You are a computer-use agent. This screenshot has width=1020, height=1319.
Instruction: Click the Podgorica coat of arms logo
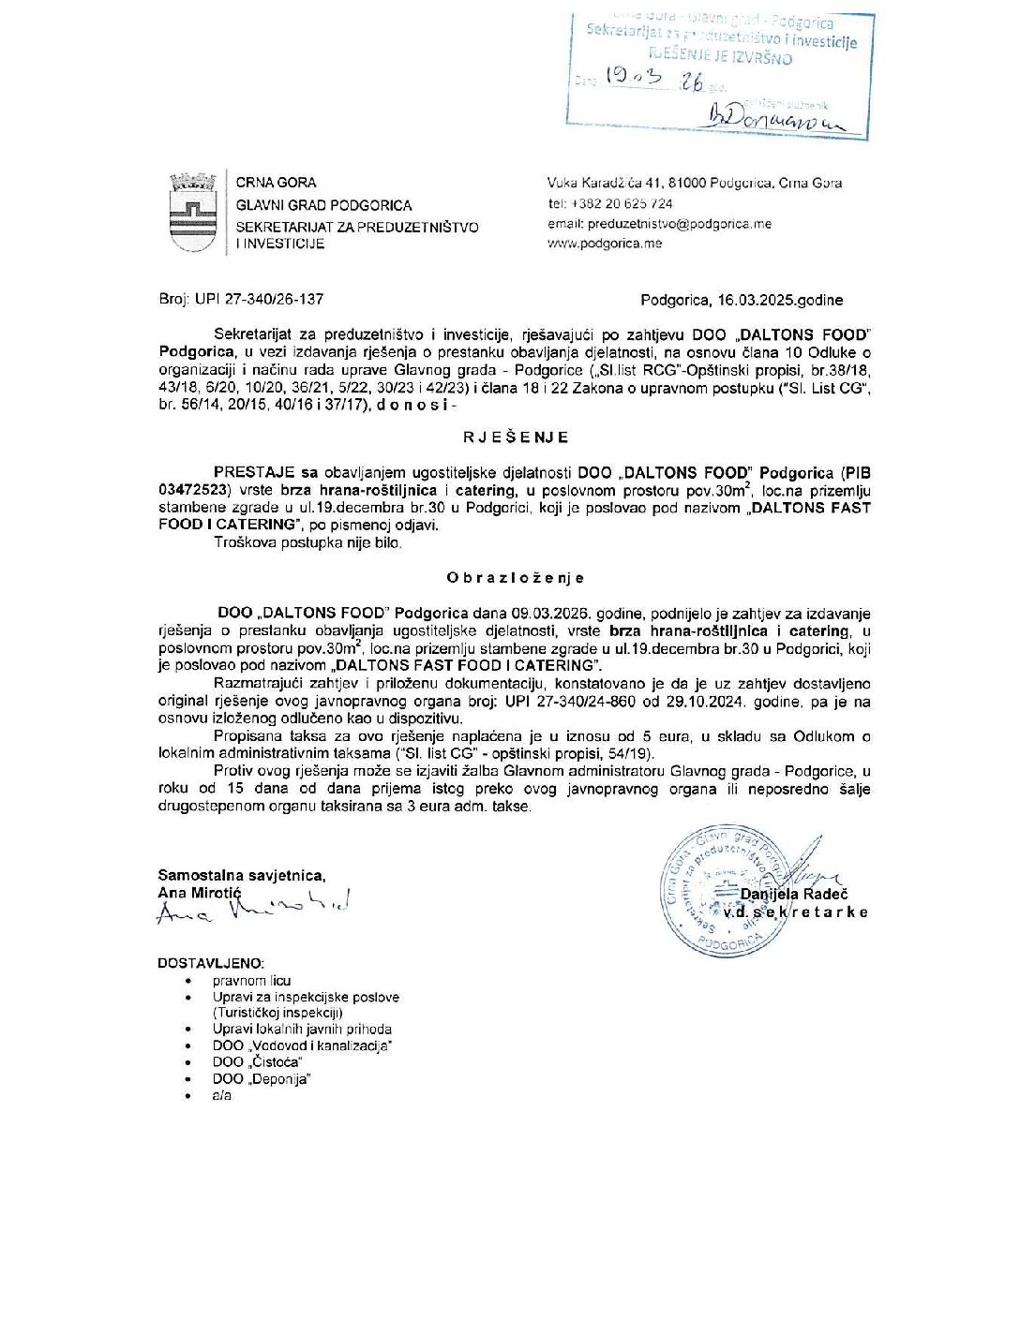192,213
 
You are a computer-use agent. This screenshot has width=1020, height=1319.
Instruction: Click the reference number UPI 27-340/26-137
259,300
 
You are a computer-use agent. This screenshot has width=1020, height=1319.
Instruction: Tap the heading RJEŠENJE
516,437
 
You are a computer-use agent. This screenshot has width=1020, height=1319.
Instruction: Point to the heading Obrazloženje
516,578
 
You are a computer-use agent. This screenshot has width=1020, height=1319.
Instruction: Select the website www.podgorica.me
605,244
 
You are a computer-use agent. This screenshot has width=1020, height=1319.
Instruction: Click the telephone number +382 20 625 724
622,203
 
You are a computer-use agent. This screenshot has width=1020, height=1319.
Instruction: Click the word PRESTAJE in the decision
254,473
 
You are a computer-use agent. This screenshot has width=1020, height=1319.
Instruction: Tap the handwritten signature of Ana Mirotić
253,907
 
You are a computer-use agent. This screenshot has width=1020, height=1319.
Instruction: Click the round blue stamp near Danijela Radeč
722,890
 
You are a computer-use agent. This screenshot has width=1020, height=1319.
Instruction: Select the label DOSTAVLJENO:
211,963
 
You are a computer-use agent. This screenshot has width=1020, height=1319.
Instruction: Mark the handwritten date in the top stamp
654,79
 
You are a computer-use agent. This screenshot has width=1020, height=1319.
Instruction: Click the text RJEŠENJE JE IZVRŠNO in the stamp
720,58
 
